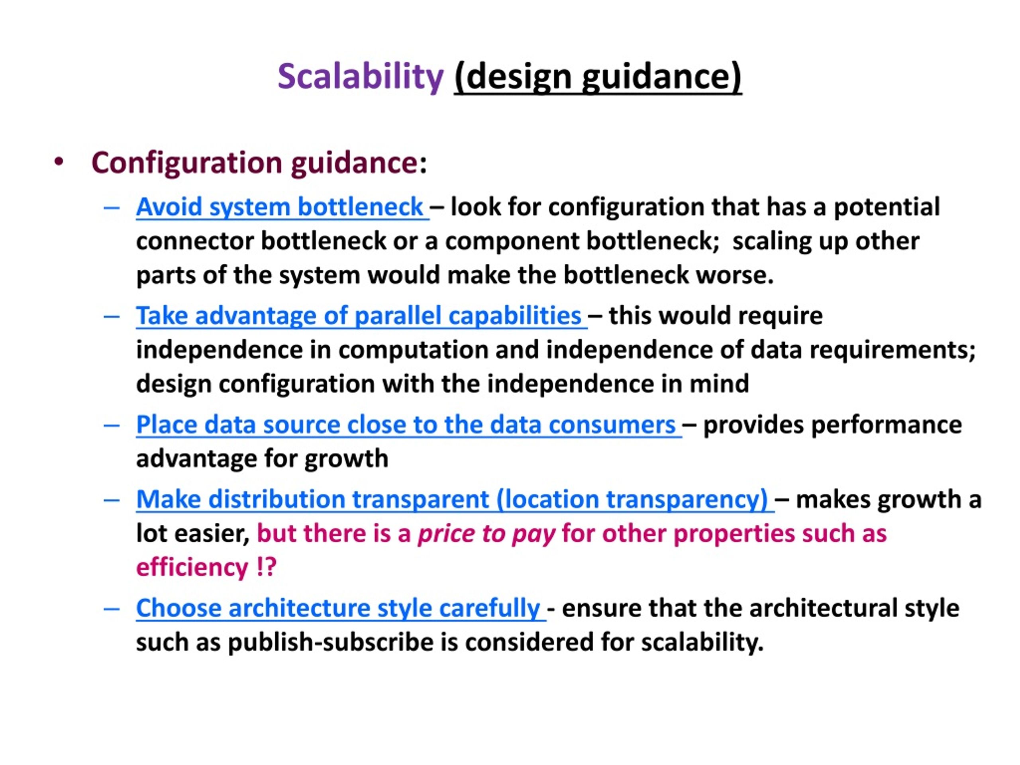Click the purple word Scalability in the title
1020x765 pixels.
click(361, 77)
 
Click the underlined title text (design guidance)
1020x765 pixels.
click(598, 77)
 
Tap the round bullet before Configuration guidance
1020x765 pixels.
click(59, 162)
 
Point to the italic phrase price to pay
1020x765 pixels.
click(486, 534)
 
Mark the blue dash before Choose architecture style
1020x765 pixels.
click(112, 609)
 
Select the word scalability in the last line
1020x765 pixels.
click(702, 642)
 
